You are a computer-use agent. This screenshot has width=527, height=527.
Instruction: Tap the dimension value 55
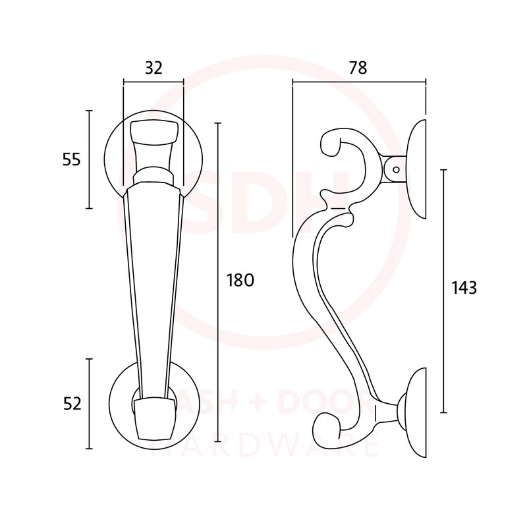click(72, 159)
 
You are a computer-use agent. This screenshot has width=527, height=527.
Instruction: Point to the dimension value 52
click(72, 404)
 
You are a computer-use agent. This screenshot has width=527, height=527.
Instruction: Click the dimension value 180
click(240, 280)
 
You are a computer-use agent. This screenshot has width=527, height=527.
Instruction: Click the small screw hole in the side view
click(396, 169)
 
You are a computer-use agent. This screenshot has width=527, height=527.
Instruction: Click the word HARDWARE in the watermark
click(263, 447)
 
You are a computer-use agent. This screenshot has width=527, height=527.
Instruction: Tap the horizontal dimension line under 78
click(359, 82)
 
